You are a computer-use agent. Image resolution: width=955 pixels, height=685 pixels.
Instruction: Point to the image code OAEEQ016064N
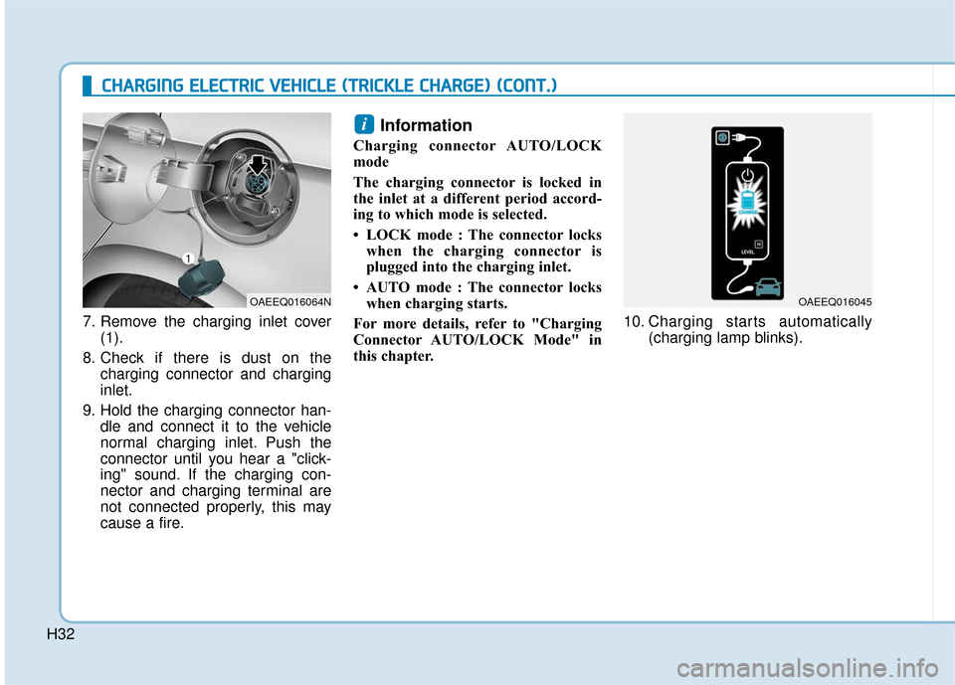[289, 299]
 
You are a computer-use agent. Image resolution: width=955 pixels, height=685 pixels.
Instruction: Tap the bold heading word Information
[426, 126]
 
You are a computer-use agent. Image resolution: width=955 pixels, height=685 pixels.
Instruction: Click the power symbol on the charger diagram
[746, 174]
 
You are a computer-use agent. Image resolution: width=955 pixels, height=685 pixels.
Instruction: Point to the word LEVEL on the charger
[747, 253]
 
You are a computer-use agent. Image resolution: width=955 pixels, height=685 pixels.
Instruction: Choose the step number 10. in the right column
[636, 322]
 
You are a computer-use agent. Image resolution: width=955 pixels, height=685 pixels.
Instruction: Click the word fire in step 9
[169, 523]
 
